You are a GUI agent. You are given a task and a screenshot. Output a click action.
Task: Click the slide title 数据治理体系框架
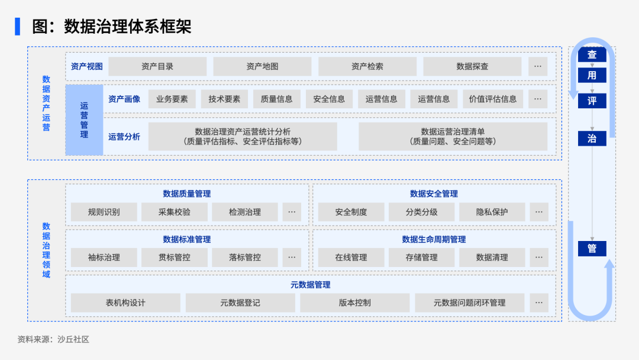coord(127,27)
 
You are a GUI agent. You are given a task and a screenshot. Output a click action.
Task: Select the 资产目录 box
coord(157,66)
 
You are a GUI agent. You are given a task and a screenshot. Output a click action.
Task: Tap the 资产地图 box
coord(262,66)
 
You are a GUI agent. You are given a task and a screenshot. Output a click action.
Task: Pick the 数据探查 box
coord(472,66)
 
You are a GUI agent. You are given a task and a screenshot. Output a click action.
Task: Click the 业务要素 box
coord(172,99)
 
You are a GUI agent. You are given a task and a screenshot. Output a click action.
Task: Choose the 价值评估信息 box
coord(492,99)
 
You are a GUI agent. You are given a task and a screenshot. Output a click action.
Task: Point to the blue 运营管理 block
coord(84,120)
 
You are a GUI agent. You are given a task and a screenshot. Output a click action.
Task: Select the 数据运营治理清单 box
coord(453,136)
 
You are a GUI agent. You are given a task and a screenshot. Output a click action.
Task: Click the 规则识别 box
coord(104,212)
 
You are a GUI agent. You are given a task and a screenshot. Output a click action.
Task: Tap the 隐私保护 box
coord(492,212)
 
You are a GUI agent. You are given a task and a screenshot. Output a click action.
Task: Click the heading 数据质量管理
coord(186,194)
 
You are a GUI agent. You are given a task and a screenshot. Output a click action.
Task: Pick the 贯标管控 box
coord(174,258)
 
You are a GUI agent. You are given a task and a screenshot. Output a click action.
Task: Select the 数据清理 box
coord(492,258)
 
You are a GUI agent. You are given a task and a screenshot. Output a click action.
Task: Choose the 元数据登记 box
coord(240,303)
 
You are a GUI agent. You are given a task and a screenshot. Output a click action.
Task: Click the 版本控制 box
coord(354,303)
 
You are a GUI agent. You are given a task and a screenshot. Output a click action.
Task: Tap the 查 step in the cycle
coord(592,55)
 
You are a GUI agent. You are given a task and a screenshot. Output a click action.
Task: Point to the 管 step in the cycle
coord(592,249)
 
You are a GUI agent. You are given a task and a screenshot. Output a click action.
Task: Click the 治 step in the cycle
coord(592,139)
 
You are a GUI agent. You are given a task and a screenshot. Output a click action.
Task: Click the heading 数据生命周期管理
coord(434,239)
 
